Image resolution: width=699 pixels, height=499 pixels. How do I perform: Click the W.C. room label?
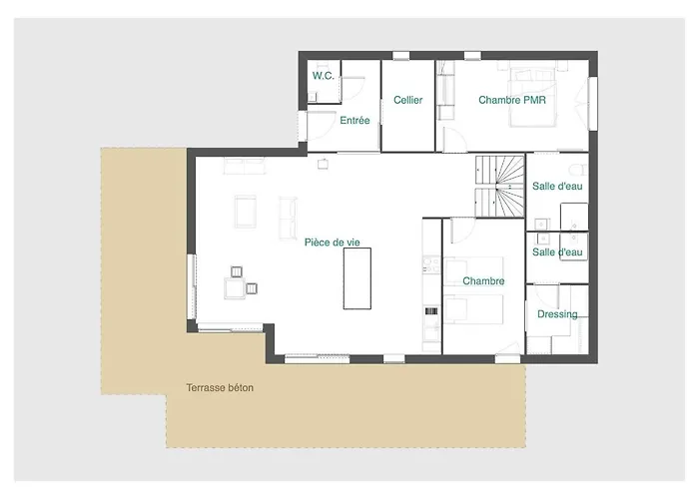[x=324, y=76]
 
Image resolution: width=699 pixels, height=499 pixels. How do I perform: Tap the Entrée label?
[x=354, y=121]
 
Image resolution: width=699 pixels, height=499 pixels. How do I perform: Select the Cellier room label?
[x=407, y=100]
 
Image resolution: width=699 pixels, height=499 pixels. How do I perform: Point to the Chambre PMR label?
[x=512, y=100]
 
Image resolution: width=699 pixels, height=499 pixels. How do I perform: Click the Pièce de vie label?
[x=333, y=243]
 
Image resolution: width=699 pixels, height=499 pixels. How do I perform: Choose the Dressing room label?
[x=557, y=314]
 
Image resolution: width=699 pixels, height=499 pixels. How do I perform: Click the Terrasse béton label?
[x=220, y=387]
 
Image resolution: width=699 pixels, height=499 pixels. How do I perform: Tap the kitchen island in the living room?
[x=357, y=278]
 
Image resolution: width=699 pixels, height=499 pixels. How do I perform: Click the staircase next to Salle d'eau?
[x=499, y=187]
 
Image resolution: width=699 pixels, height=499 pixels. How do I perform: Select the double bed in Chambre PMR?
[x=532, y=97]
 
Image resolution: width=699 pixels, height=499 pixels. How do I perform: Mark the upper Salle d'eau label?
[x=557, y=187]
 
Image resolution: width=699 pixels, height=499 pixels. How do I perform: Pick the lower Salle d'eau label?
[x=557, y=252]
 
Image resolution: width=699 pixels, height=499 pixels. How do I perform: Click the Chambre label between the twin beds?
[x=483, y=281]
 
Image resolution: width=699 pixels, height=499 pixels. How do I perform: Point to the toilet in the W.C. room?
[x=313, y=97]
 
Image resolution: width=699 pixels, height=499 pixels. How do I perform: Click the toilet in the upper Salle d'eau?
[x=578, y=170]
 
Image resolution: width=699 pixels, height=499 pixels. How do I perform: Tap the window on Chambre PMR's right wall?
[x=592, y=104]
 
